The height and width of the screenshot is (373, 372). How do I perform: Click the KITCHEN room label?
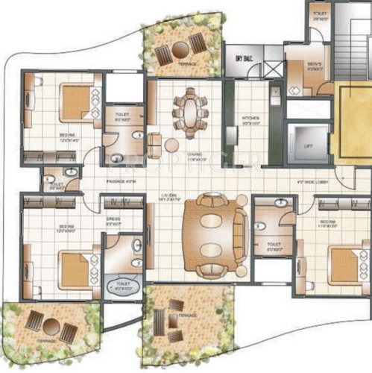tap(248, 119)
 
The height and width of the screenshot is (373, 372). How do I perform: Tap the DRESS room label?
tap(114, 199)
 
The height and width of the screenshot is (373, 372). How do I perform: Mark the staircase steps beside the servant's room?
tap(350, 41)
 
